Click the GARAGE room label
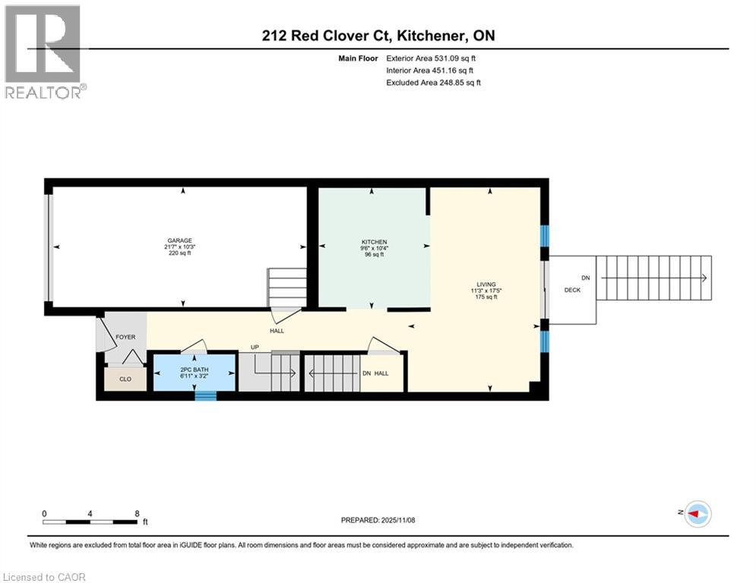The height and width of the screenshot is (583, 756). [180, 241]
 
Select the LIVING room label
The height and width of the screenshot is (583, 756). [486, 284]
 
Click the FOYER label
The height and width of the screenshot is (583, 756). [125, 337]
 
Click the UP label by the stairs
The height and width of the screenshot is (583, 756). [255, 348]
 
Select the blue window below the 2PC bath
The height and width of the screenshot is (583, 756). [205, 395]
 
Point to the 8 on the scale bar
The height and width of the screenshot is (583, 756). [137, 513]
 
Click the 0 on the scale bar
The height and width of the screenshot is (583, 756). [45, 513]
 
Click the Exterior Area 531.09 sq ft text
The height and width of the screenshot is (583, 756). [432, 58]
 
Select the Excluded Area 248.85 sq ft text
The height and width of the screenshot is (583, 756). [433, 83]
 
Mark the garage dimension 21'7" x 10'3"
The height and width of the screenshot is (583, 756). [180, 247]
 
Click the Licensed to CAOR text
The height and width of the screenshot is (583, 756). [45, 577]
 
